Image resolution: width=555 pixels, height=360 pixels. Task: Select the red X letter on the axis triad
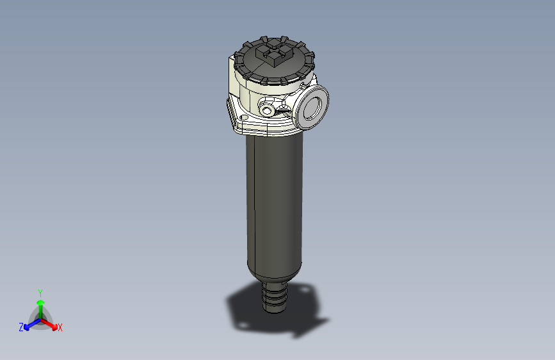[x=60, y=328]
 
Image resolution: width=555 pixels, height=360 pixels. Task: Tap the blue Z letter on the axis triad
[x=21, y=327]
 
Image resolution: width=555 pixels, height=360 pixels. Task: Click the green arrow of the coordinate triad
[x=40, y=304]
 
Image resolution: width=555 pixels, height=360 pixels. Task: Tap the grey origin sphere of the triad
[x=40, y=318]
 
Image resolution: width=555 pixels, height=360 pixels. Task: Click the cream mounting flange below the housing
[x=256, y=128]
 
